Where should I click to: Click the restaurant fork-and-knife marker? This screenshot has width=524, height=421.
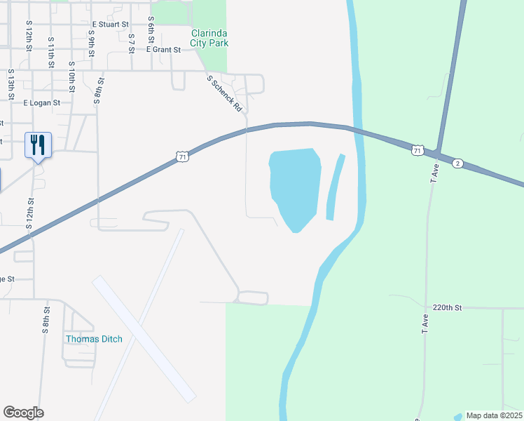pos(38,145)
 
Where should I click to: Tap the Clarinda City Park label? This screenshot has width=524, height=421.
pos(210,38)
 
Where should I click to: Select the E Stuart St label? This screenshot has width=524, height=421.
pos(111,24)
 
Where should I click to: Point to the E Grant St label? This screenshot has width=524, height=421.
pos(163,50)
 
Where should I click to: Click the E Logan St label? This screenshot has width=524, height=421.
pos(42,102)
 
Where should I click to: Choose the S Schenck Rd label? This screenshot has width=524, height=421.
pos(224,94)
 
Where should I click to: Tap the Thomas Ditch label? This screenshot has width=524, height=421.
pos(94,339)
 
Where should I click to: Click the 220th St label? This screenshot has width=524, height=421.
pos(448,307)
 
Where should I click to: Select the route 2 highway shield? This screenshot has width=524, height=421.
pos(457,163)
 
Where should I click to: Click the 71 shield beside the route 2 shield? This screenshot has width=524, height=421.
pos(418,150)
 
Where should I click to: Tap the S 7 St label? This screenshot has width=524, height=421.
pos(132,43)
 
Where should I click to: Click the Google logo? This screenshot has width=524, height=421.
pos(23,413)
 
